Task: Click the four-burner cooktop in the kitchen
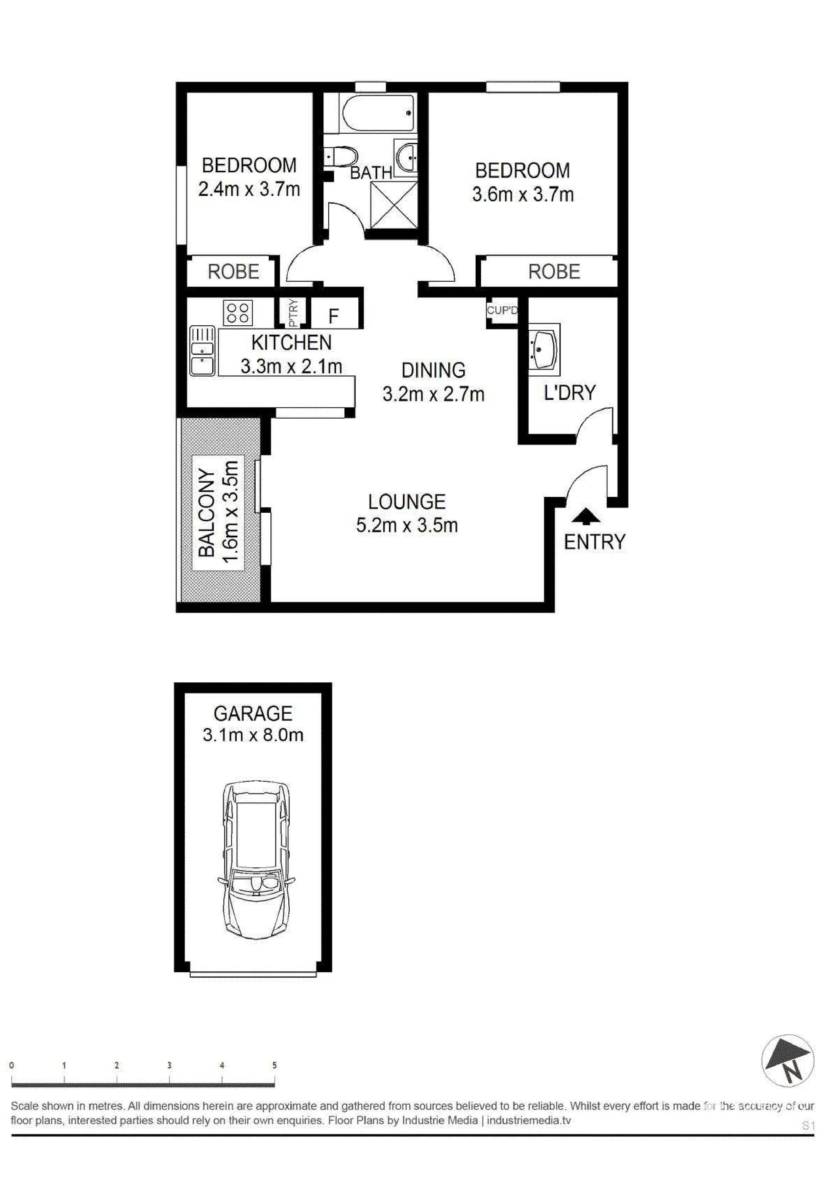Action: (x=238, y=313)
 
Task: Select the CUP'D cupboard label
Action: (x=502, y=311)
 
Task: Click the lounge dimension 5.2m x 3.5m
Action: (x=407, y=526)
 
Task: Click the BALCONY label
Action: (x=207, y=513)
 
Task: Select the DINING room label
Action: (x=434, y=371)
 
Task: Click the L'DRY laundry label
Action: (x=570, y=393)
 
